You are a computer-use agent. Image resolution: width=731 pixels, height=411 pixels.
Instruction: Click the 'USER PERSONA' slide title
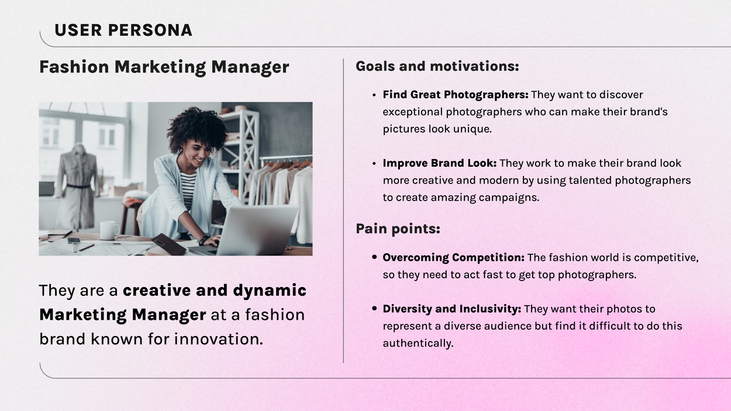pyautogui.click(x=123, y=30)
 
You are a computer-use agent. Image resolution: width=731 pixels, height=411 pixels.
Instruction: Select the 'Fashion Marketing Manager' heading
pyautogui.click(x=164, y=67)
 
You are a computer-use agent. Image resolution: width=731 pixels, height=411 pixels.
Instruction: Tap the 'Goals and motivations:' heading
pyautogui.click(x=437, y=66)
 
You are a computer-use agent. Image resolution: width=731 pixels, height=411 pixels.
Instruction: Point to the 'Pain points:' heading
pyautogui.click(x=398, y=229)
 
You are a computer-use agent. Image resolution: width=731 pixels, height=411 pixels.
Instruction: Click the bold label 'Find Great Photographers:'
pyautogui.click(x=455, y=95)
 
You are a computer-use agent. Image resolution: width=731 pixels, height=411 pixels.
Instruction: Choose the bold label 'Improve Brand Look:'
pyautogui.click(x=439, y=163)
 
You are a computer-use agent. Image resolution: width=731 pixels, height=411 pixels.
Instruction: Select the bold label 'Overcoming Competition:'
pyautogui.click(x=453, y=257)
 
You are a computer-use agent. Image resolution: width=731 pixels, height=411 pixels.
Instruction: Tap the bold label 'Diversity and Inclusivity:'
pyautogui.click(x=451, y=309)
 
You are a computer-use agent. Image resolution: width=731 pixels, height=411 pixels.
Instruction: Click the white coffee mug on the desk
pyautogui.click(x=108, y=230)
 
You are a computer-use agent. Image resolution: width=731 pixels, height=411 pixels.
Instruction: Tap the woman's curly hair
pyautogui.click(x=197, y=127)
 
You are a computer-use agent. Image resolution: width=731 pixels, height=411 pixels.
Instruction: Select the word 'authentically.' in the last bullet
pyautogui.click(x=418, y=343)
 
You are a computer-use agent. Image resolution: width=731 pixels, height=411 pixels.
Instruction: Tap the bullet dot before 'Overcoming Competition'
pyautogui.click(x=374, y=257)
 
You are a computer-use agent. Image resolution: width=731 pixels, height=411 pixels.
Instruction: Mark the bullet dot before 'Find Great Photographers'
pyautogui.click(x=374, y=95)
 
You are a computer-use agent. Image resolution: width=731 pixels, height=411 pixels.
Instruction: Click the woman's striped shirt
pyautogui.click(x=188, y=190)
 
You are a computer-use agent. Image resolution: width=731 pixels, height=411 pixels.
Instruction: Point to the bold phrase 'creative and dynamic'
pyautogui.click(x=214, y=291)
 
